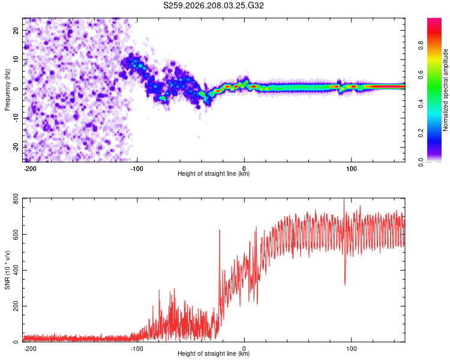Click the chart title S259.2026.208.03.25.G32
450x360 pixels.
pos(213,5)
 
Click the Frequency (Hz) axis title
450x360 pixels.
pos(7,90)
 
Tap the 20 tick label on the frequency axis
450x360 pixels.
pos(16,31)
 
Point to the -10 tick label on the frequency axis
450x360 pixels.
pos(16,118)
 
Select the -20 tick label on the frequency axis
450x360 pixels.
pos(16,148)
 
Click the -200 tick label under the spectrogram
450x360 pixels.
pos(30,169)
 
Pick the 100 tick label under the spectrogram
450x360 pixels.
pos(351,169)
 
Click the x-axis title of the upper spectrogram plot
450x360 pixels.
pos(214,173)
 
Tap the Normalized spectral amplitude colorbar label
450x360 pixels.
pos(445,90)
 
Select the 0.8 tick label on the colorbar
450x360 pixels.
pos(421,46)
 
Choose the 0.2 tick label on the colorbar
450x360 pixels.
pos(421,133)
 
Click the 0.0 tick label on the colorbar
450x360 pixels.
pos(421,162)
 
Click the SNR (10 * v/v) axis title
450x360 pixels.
pos(7,270)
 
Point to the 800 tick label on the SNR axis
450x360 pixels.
pos(16,199)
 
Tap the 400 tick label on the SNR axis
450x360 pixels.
pos(16,271)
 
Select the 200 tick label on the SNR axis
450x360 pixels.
pos(16,307)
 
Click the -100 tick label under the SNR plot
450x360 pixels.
pos(137,349)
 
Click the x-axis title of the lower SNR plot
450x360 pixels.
pos(214,353)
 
